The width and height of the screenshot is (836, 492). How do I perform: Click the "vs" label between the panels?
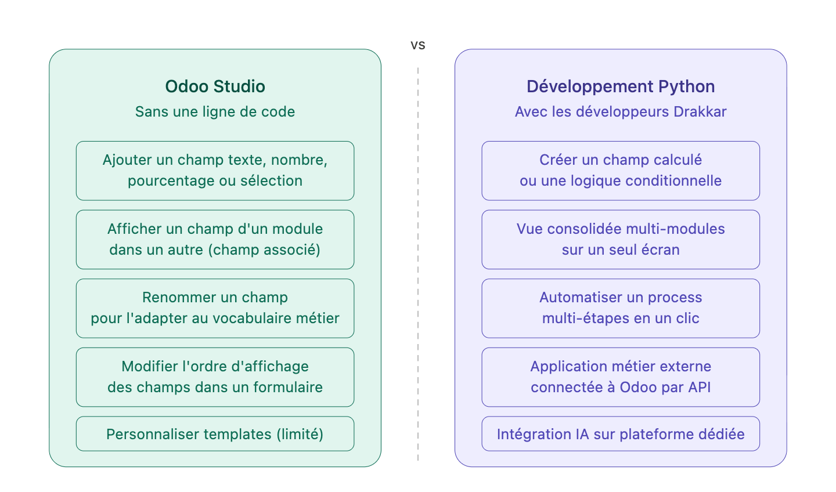[417, 45]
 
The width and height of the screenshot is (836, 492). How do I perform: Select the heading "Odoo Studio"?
[215, 86]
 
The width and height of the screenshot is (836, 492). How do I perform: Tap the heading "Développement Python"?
[621, 86]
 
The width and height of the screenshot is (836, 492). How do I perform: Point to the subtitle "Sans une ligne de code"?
[215, 111]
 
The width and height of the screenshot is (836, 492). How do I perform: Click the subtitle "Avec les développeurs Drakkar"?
[621, 111]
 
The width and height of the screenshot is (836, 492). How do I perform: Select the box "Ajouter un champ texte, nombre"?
[215, 171]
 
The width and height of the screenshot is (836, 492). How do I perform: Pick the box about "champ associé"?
[215, 240]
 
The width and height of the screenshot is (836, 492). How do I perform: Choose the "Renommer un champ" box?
[215, 308]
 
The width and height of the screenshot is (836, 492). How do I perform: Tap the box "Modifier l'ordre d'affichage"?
[215, 377]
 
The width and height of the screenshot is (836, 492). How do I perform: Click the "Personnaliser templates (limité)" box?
[215, 434]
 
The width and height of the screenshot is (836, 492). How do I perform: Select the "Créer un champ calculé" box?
[621, 171]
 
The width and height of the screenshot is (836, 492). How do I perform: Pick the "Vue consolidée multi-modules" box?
[621, 240]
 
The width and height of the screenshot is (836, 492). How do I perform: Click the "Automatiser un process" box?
[621, 308]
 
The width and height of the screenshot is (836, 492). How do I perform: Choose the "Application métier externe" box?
[621, 377]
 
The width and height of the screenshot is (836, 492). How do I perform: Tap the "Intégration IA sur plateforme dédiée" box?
[621, 434]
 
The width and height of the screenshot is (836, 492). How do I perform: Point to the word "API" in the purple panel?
[699, 388]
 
